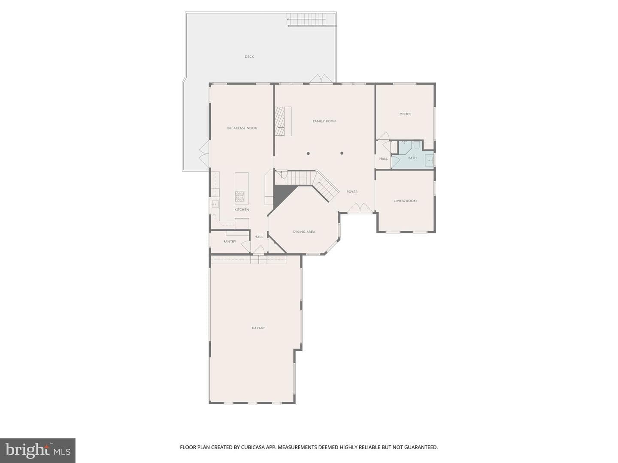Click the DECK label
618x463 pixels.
[x=249, y=57]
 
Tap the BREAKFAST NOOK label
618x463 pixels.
[x=242, y=128]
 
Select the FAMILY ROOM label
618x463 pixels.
[x=324, y=121]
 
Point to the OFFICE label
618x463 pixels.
[x=405, y=114]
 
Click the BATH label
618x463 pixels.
[x=412, y=158]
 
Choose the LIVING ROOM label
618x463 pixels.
[x=405, y=201]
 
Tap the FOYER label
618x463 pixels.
[x=352, y=192]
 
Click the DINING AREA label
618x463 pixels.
[x=304, y=232]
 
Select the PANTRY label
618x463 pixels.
[x=230, y=241]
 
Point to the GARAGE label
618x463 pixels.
[x=258, y=328]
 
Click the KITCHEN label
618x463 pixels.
[x=242, y=210]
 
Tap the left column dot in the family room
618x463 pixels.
[x=308, y=153]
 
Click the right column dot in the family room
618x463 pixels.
[x=342, y=153]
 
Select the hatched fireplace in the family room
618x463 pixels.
[x=279, y=121]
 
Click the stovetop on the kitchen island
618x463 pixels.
[x=239, y=197]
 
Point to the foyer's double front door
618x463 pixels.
[x=360, y=208]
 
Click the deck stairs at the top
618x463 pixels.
[x=307, y=19]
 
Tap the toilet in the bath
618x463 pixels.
[x=416, y=145]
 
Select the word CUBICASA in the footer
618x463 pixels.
[x=252, y=447]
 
